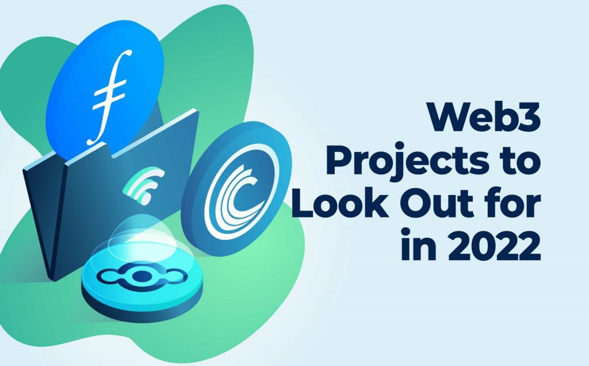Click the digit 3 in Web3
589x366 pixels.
point(530,117)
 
